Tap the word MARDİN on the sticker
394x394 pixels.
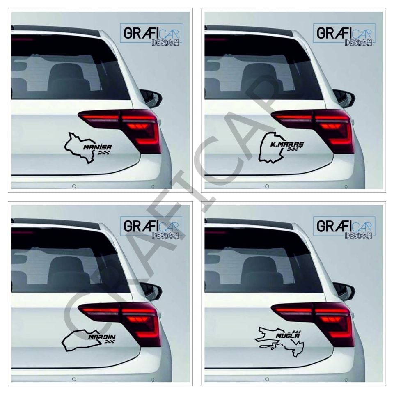102,337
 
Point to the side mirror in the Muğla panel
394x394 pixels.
344,291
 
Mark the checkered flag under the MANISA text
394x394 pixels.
105,154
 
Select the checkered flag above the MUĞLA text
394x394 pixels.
296,331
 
